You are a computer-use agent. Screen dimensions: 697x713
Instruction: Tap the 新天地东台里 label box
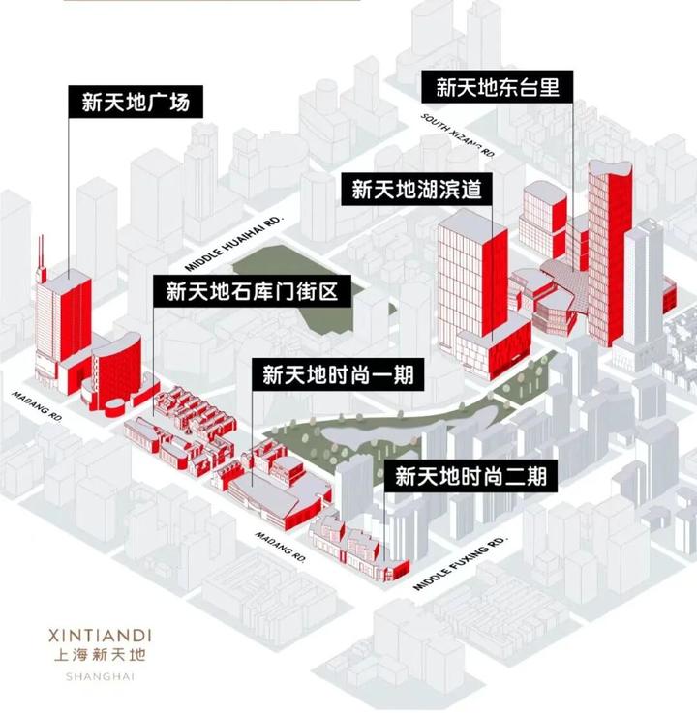coord(498,87)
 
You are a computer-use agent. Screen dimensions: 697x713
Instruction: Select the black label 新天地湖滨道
coord(416,189)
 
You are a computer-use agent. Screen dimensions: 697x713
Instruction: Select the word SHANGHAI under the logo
coord(99,676)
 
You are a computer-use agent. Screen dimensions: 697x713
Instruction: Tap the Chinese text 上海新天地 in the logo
coord(99,656)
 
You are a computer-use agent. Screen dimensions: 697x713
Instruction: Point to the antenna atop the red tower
coord(41,253)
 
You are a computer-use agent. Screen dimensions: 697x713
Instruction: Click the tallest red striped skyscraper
coord(608,252)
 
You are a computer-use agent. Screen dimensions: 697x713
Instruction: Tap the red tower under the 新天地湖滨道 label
coord(471,290)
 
